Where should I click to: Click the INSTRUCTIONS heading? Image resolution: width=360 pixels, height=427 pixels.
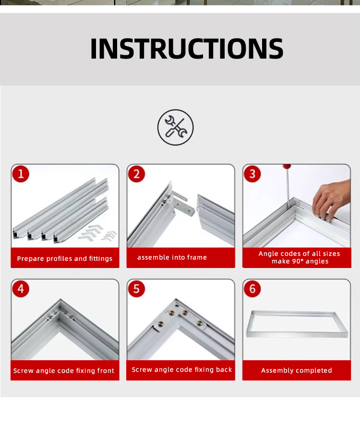[x=187, y=49]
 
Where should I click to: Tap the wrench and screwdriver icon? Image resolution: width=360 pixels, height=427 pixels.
[x=176, y=127]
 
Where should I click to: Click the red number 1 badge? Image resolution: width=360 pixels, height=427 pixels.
[x=21, y=174]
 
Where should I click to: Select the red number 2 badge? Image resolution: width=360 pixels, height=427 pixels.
[x=136, y=174]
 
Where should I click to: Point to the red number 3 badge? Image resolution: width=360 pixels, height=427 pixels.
[x=252, y=174]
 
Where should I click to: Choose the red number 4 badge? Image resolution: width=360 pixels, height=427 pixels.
[x=21, y=289]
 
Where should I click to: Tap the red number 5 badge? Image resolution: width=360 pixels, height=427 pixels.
[x=136, y=289]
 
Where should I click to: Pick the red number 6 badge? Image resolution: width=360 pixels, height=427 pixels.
[x=252, y=289]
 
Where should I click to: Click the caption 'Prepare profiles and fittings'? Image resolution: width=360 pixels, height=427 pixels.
[x=65, y=258]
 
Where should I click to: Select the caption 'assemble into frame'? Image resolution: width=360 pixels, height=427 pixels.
[x=172, y=257]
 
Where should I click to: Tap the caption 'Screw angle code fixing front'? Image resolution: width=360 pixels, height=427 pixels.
[x=64, y=371]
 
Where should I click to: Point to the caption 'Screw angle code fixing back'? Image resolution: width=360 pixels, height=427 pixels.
[x=182, y=369]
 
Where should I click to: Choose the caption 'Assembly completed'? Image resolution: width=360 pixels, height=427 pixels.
[x=297, y=370]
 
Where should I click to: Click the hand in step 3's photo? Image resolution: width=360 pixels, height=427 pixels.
[x=331, y=200]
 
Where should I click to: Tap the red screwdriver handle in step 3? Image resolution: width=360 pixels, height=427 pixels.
[x=287, y=166]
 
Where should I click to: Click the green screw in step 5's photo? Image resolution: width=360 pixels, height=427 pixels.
[x=200, y=323]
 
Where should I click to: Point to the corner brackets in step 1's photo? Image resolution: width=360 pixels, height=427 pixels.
[x=97, y=232]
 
